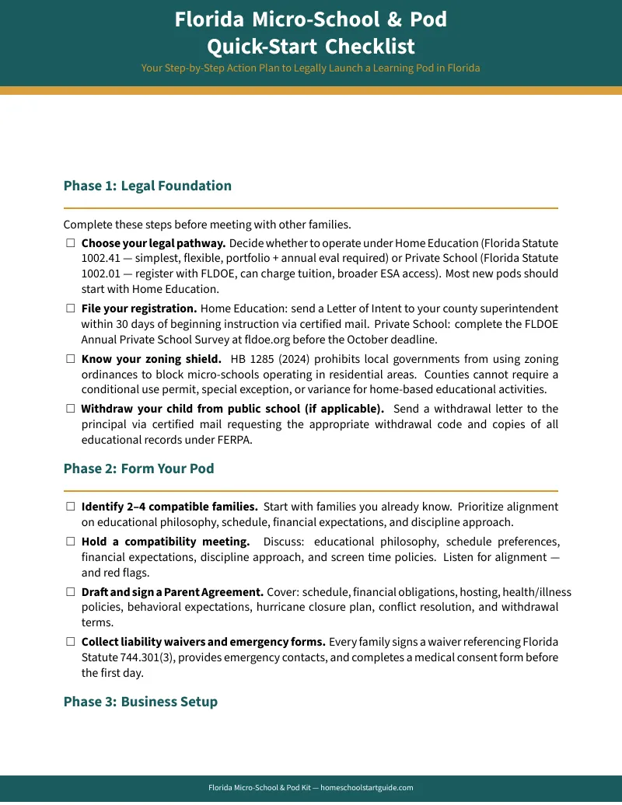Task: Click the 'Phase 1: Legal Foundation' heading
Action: point(147,186)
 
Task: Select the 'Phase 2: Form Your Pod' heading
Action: point(138,469)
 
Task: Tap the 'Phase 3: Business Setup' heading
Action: point(140,702)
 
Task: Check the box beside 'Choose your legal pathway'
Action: point(70,243)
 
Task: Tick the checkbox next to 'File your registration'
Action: point(70,308)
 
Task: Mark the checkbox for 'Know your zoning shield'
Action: point(70,359)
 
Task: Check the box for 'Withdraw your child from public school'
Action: point(70,409)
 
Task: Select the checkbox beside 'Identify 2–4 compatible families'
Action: point(70,507)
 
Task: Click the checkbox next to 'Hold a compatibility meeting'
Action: point(70,542)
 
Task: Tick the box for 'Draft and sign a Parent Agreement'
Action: point(70,592)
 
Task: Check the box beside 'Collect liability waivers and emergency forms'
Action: point(70,642)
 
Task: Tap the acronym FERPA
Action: point(236,440)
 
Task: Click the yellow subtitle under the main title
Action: point(310,68)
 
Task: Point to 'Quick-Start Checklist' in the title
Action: point(310,46)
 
